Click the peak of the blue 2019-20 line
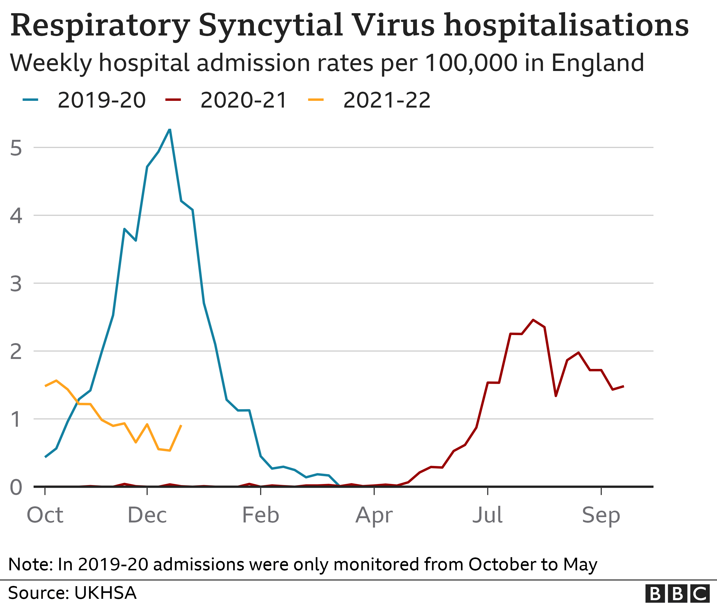[169, 130]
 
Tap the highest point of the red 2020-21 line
[533, 320]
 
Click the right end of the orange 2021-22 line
[181, 425]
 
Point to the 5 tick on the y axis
[16, 148]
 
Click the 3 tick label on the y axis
[16, 284]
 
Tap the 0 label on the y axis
[16, 487]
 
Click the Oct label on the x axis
[45, 515]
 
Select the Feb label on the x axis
[260, 515]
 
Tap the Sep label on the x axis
[601, 515]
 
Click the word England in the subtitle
[598, 63]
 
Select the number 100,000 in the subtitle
[471, 63]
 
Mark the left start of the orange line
[45, 386]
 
